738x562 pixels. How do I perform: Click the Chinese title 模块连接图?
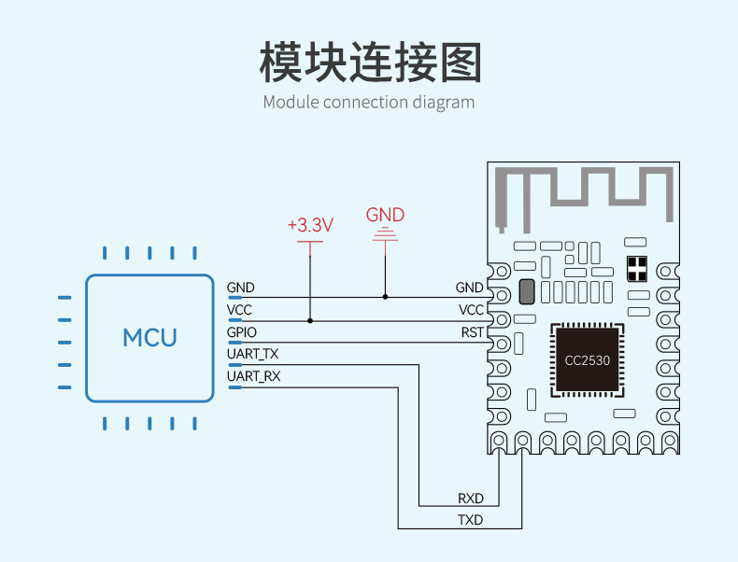(x=371, y=62)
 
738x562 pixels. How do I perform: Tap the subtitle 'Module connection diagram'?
(x=368, y=102)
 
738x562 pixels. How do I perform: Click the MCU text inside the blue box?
(x=149, y=338)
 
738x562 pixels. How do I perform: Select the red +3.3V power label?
(x=310, y=225)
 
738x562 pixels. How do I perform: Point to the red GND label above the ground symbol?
(x=385, y=215)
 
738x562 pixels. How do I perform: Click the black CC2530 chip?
(x=588, y=360)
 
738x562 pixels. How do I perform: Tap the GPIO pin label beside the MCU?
(x=241, y=332)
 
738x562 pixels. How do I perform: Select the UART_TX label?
(x=253, y=354)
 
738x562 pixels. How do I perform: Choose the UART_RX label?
(x=254, y=376)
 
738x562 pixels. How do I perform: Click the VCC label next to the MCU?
(x=239, y=310)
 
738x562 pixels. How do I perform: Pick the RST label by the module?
(x=472, y=332)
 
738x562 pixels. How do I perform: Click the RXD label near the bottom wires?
(x=471, y=498)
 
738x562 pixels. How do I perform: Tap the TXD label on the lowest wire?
(x=471, y=520)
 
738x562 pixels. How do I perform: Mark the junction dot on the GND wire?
(x=386, y=297)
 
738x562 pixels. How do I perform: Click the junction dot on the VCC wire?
(x=310, y=321)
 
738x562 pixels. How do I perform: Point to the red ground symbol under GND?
(x=385, y=234)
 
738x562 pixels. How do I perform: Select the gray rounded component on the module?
(x=527, y=291)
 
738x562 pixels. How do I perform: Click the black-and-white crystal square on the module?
(x=637, y=269)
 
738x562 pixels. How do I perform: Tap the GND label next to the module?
(x=469, y=288)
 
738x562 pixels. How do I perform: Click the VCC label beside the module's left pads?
(x=471, y=310)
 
